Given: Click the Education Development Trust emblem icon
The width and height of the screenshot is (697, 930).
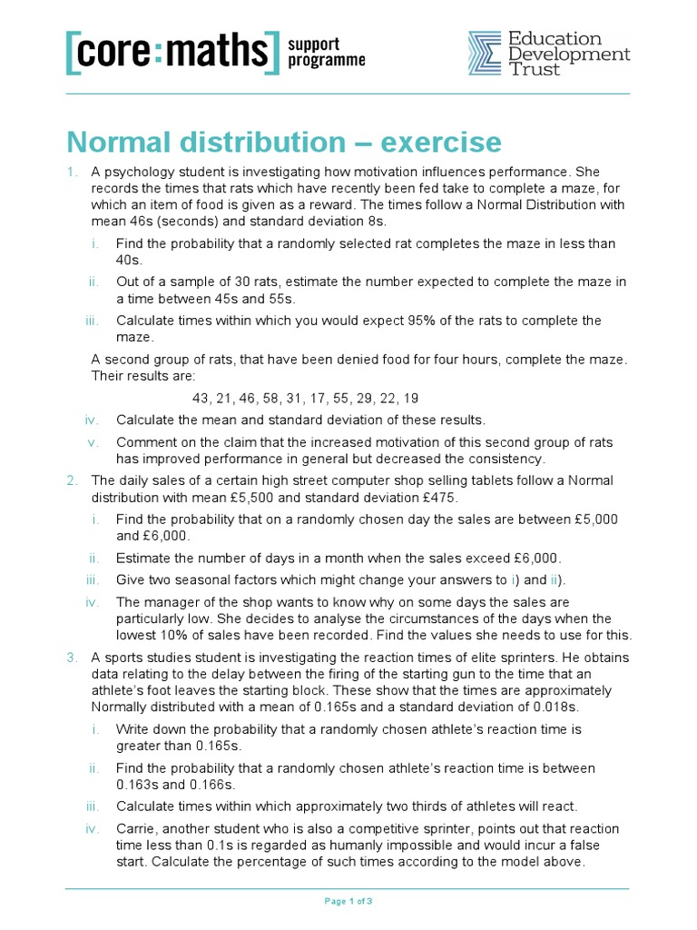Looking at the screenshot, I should (485, 54).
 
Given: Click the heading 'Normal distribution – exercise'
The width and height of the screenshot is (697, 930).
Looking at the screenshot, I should (283, 143).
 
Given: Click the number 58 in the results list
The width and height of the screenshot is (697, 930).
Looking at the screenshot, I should (273, 399).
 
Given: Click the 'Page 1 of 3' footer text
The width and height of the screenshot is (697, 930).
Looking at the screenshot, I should (348, 901).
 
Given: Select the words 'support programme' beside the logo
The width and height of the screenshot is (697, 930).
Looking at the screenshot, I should (326, 53).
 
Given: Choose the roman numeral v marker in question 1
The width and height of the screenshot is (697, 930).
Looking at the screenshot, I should (93, 442).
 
